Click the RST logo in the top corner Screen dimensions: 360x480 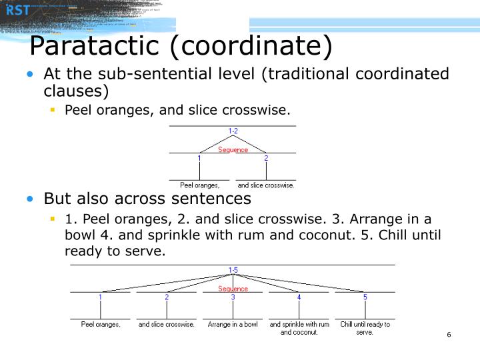coord(19,9)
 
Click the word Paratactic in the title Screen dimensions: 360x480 coord(100,47)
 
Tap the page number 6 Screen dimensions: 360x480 coord(449,335)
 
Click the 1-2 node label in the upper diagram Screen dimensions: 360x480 coord(233,131)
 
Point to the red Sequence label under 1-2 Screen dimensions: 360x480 coord(233,150)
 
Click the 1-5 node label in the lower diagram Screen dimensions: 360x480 coord(233,270)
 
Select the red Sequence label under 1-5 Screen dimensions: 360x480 coord(233,289)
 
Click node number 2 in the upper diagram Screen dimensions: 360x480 coord(266,159)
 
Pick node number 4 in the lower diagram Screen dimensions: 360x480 coord(299,297)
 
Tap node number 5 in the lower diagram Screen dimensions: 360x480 coord(365,297)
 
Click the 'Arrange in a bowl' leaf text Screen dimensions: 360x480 coord(233,325)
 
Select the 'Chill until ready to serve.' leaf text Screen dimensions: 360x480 coord(365,328)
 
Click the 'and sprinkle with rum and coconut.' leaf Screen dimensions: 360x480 coord(299,328)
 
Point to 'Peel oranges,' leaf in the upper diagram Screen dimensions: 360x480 coord(199,185)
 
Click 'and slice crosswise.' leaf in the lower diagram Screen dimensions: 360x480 coord(167,325)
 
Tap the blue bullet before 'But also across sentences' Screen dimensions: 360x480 coord(30,199)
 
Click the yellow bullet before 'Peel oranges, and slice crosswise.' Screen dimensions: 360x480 coord(52,109)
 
